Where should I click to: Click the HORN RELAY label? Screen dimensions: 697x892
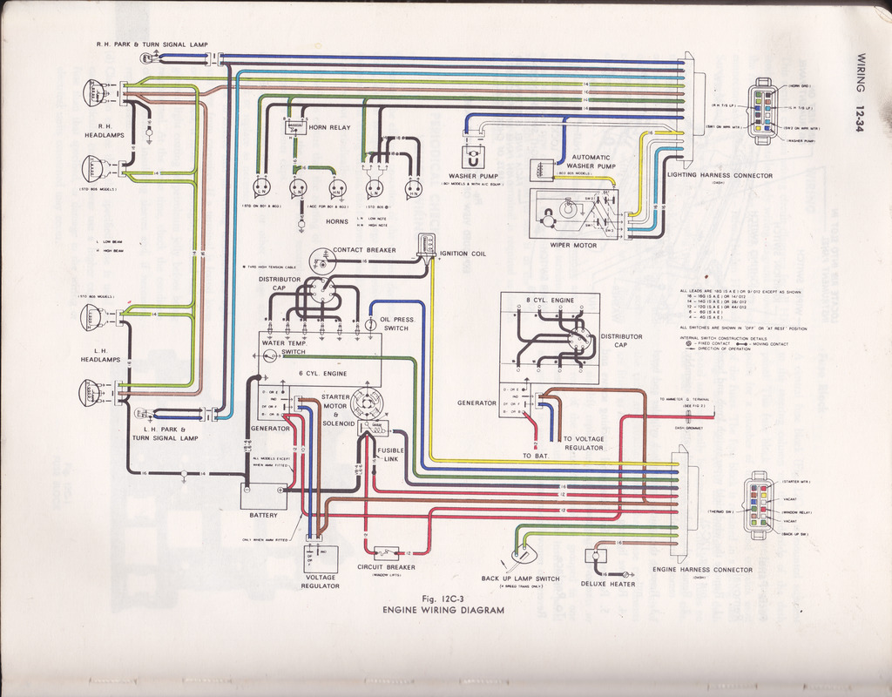pyautogui.click(x=328, y=127)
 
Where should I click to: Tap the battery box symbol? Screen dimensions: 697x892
pyautogui.click(x=263, y=496)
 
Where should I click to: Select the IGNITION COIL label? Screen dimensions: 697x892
pyautogui.click(x=463, y=254)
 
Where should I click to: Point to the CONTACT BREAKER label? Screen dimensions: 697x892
pyautogui.click(x=364, y=250)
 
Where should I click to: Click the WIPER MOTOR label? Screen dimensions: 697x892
pyautogui.click(x=572, y=245)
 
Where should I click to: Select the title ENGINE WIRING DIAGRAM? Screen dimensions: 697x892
pyautogui.click(x=443, y=611)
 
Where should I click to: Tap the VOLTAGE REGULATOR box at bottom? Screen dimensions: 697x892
pyautogui.click(x=320, y=558)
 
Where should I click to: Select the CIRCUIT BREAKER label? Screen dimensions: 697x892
pyautogui.click(x=386, y=567)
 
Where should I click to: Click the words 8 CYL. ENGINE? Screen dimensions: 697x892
pyautogui.click(x=551, y=301)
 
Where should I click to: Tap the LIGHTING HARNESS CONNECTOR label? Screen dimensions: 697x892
pyautogui.click(x=720, y=175)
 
